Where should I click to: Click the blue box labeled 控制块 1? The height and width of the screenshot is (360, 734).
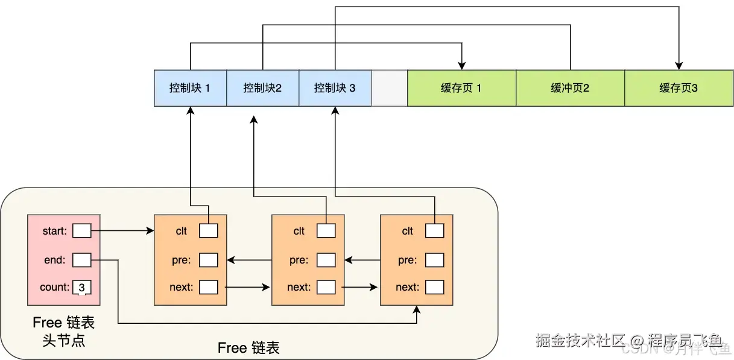click(x=190, y=88)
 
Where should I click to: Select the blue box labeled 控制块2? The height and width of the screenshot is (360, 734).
click(x=262, y=88)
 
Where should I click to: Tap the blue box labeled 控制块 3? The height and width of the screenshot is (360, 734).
click(x=335, y=88)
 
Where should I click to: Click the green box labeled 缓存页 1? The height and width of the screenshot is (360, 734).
click(x=461, y=88)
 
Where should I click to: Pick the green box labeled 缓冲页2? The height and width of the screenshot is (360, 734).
click(x=570, y=88)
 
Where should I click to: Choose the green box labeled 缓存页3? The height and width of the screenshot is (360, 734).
click(x=679, y=88)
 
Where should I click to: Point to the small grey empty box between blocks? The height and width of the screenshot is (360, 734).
click(x=389, y=88)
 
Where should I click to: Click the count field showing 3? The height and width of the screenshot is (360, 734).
click(x=81, y=287)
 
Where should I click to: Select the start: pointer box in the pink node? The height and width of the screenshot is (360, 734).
click(x=81, y=230)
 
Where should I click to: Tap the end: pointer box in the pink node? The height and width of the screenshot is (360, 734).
click(x=81, y=260)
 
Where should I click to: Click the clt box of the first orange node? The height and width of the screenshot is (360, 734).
click(x=208, y=230)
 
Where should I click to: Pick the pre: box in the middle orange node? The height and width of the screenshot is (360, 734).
click(x=326, y=260)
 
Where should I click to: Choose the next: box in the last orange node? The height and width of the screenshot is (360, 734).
click(x=434, y=287)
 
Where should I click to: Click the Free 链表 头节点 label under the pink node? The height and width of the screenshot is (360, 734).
click(x=63, y=331)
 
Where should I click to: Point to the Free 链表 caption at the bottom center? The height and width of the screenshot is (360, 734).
click(x=248, y=348)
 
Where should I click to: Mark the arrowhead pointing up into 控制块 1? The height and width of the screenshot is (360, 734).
click(x=190, y=111)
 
